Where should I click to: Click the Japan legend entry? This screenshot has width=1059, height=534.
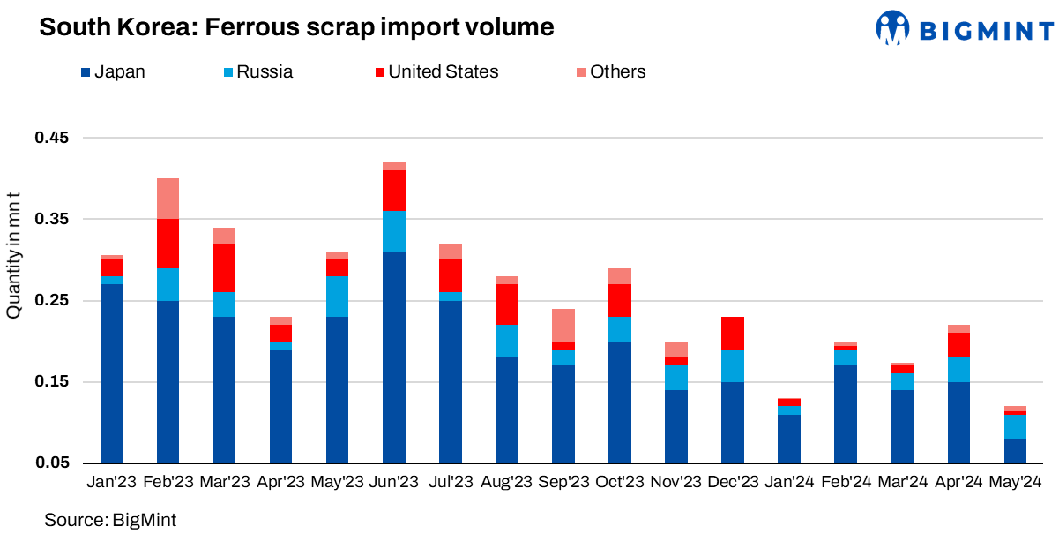tap(112, 72)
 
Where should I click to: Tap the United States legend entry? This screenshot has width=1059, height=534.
tap(433, 72)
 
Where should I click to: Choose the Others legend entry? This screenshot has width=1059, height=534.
tap(608, 72)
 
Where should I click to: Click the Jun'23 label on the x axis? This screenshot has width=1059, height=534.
tap(393, 482)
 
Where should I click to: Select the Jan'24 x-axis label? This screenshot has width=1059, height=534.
tap(789, 482)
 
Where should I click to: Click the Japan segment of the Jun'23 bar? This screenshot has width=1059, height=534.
tap(393, 357)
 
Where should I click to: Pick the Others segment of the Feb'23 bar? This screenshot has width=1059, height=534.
tap(168, 199)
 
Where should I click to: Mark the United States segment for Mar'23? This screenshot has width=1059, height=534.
tap(224, 267)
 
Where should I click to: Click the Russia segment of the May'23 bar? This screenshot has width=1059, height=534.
tap(337, 297)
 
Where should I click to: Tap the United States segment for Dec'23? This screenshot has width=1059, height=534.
tap(733, 333)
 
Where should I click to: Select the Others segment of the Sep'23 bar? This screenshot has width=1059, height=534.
tap(563, 325)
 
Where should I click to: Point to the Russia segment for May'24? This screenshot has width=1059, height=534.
tap(1015, 426)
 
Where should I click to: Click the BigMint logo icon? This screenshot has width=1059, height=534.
tap(891, 28)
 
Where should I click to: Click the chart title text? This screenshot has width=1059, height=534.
tap(296, 28)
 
